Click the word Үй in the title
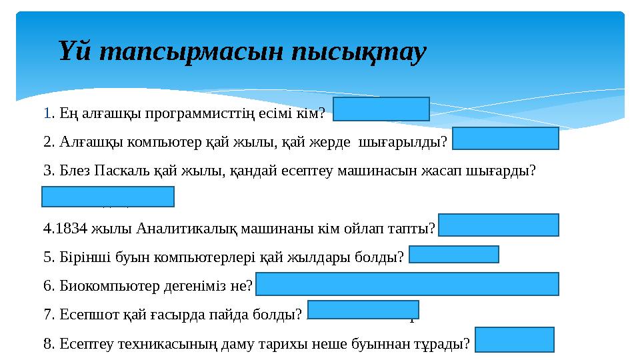click(x=75, y=53)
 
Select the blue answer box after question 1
click(x=381, y=109)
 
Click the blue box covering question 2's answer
click(x=505, y=139)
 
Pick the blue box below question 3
click(x=107, y=197)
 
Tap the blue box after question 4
click(x=499, y=225)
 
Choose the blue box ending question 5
click(x=453, y=254)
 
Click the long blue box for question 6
click(x=407, y=283)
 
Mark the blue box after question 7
click(x=363, y=309)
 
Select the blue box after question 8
click(x=515, y=339)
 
